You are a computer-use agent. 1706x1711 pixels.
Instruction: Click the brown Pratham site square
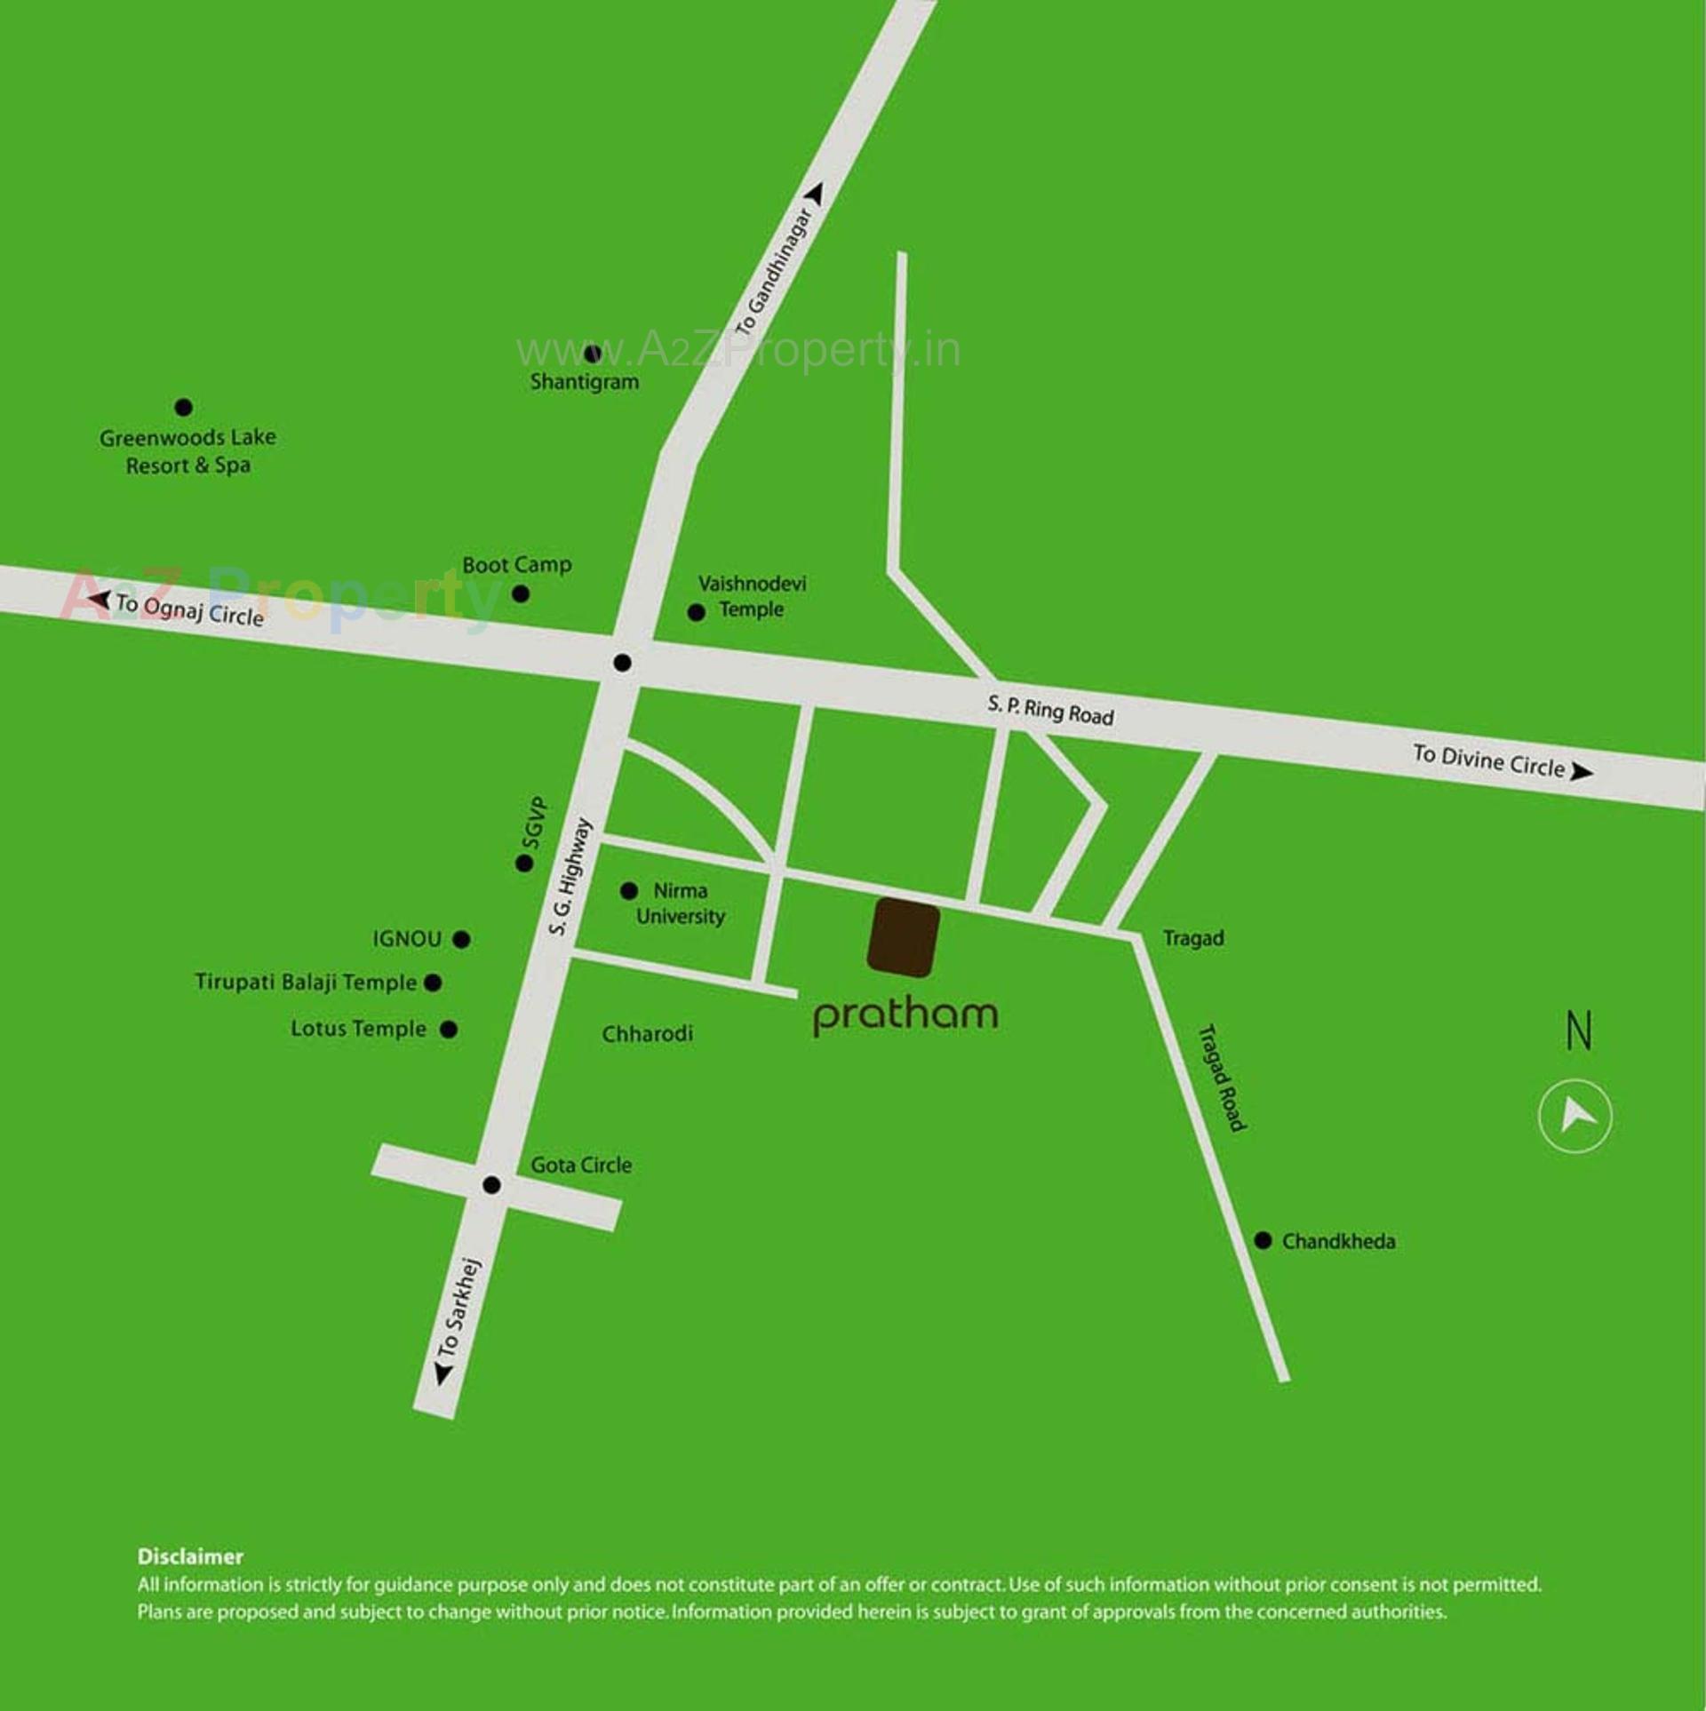tap(904, 936)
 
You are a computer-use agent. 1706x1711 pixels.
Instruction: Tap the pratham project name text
tap(905, 1016)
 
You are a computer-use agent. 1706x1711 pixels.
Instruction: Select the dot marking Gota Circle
tap(491, 1185)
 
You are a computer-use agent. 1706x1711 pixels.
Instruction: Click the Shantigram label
tap(585, 382)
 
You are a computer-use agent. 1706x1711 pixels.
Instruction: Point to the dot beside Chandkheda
tap(1263, 1241)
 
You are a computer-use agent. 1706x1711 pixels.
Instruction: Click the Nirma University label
tap(681, 903)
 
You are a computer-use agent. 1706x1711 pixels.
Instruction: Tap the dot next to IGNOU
tap(461, 939)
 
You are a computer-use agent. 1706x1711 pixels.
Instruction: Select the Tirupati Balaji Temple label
tap(306, 983)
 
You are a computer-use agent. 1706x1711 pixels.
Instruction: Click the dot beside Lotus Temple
tap(450, 1030)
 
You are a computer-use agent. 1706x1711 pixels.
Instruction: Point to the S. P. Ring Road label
tap(1050, 711)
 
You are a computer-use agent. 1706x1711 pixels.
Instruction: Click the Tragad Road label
tap(1224, 1078)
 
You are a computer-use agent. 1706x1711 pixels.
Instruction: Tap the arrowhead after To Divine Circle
tap(1581, 772)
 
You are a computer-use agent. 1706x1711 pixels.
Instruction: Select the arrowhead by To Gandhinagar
tap(817, 193)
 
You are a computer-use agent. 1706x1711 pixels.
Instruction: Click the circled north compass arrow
tap(1574, 1116)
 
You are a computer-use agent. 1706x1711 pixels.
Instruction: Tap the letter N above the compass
tap(1579, 1031)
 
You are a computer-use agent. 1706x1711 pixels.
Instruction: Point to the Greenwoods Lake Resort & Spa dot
tap(184, 408)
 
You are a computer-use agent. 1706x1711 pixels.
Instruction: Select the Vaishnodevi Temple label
tap(752, 596)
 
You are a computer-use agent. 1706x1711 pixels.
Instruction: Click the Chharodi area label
tap(647, 1034)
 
